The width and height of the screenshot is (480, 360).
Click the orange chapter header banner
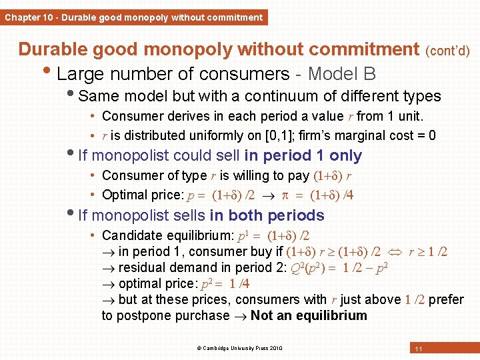(133, 17)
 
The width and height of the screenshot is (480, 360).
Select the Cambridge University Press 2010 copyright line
(239, 348)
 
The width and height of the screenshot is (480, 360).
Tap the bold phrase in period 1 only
(303, 156)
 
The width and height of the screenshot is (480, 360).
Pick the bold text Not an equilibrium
(309, 315)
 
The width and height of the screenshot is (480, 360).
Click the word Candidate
(131, 235)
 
